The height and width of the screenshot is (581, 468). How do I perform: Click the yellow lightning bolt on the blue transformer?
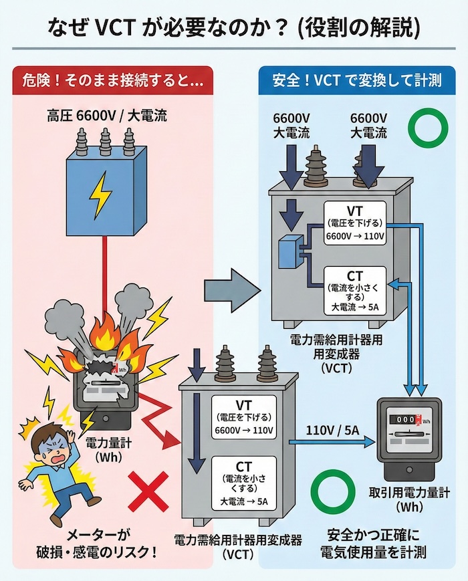click(101, 193)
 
